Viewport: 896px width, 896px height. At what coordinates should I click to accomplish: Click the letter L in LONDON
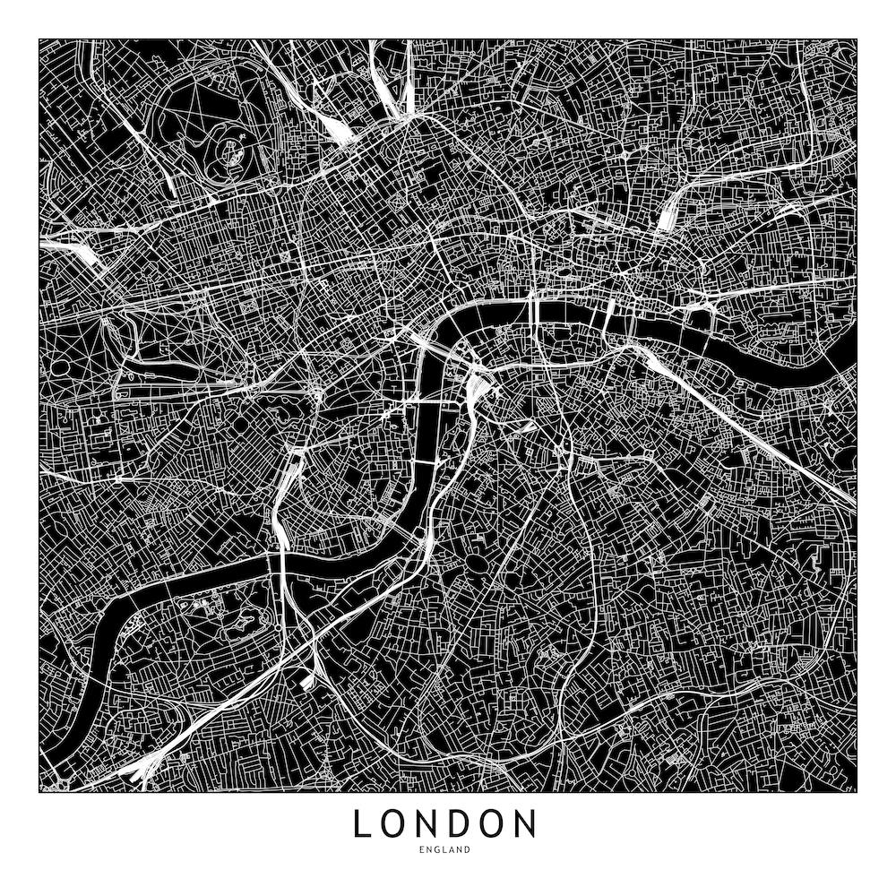tap(361, 823)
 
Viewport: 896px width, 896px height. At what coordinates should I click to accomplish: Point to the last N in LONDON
tap(525, 823)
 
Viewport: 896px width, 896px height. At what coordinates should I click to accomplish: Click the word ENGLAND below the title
tap(445, 849)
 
